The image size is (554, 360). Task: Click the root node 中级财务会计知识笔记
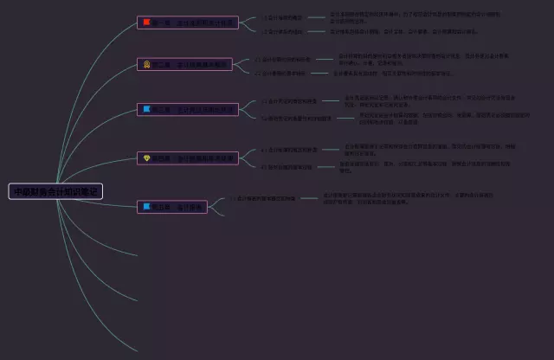point(55,191)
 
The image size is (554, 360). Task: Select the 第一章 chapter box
point(186,22)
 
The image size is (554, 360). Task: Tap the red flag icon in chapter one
point(147,22)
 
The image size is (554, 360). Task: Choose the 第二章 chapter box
point(184,64)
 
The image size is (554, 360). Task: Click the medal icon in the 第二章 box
point(147,64)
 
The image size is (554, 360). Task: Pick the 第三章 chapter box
point(186,109)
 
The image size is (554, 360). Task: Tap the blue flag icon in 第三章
point(147,109)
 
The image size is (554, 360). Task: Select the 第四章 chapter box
point(186,157)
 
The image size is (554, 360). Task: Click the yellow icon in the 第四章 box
point(147,157)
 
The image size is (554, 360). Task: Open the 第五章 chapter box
point(172,207)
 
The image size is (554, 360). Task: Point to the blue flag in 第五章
point(147,207)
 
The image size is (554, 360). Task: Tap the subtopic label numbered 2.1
point(286,60)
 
